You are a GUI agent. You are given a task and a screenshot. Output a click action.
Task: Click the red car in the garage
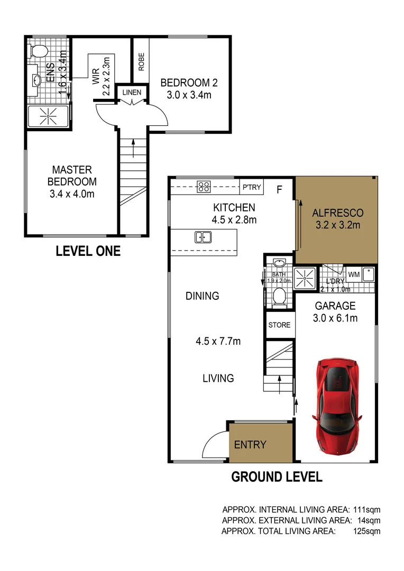(x=337, y=404)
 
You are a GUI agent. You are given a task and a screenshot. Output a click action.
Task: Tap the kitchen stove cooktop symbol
(x=204, y=186)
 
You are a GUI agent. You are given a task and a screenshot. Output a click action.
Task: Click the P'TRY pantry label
(x=251, y=186)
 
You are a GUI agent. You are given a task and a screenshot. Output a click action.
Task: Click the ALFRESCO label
(x=337, y=213)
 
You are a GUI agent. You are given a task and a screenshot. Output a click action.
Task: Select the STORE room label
(x=279, y=325)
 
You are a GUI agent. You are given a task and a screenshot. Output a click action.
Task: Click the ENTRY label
(x=250, y=445)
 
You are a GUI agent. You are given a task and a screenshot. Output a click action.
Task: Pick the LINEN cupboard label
(x=132, y=93)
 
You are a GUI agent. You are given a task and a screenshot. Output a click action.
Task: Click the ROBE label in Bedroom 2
(x=141, y=62)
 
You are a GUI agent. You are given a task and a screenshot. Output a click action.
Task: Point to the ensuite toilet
(x=39, y=51)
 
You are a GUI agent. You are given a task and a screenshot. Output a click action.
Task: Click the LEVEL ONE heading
(x=88, y=251)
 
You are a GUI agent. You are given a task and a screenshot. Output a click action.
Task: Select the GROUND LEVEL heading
(x=277, y=477)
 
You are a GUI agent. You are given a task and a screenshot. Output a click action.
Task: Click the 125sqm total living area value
(x=366, y=531)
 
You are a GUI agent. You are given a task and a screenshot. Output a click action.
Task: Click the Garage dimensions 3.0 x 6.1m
(x=336, y=318)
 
